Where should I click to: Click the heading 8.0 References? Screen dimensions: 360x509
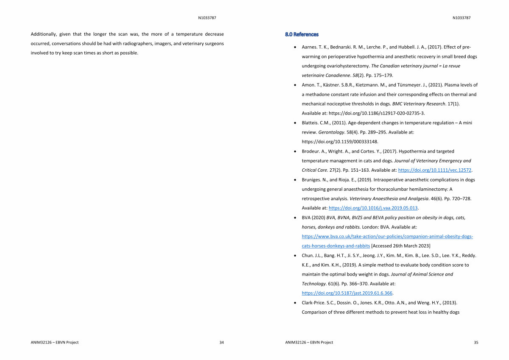[x=302, y=34]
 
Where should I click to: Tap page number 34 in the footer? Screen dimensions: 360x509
[x=221, y=342]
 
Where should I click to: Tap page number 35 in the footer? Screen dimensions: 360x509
[x=475, y=342]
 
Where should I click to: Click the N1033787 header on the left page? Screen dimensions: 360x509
[x=207, y=18]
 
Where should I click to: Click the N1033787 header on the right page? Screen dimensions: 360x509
[x=461, y=18]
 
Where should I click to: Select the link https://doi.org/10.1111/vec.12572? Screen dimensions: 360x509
[x=435, y=170]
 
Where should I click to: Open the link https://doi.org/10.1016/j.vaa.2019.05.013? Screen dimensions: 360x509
[x=373, y=208]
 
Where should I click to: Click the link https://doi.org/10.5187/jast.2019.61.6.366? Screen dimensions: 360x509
[x=347, y=293]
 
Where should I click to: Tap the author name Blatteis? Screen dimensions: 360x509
[x=310, y=123]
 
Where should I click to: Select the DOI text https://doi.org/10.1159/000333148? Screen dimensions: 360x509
[x=340, y=142]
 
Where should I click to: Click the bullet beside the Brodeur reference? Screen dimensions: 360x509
[x=295, y=151]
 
